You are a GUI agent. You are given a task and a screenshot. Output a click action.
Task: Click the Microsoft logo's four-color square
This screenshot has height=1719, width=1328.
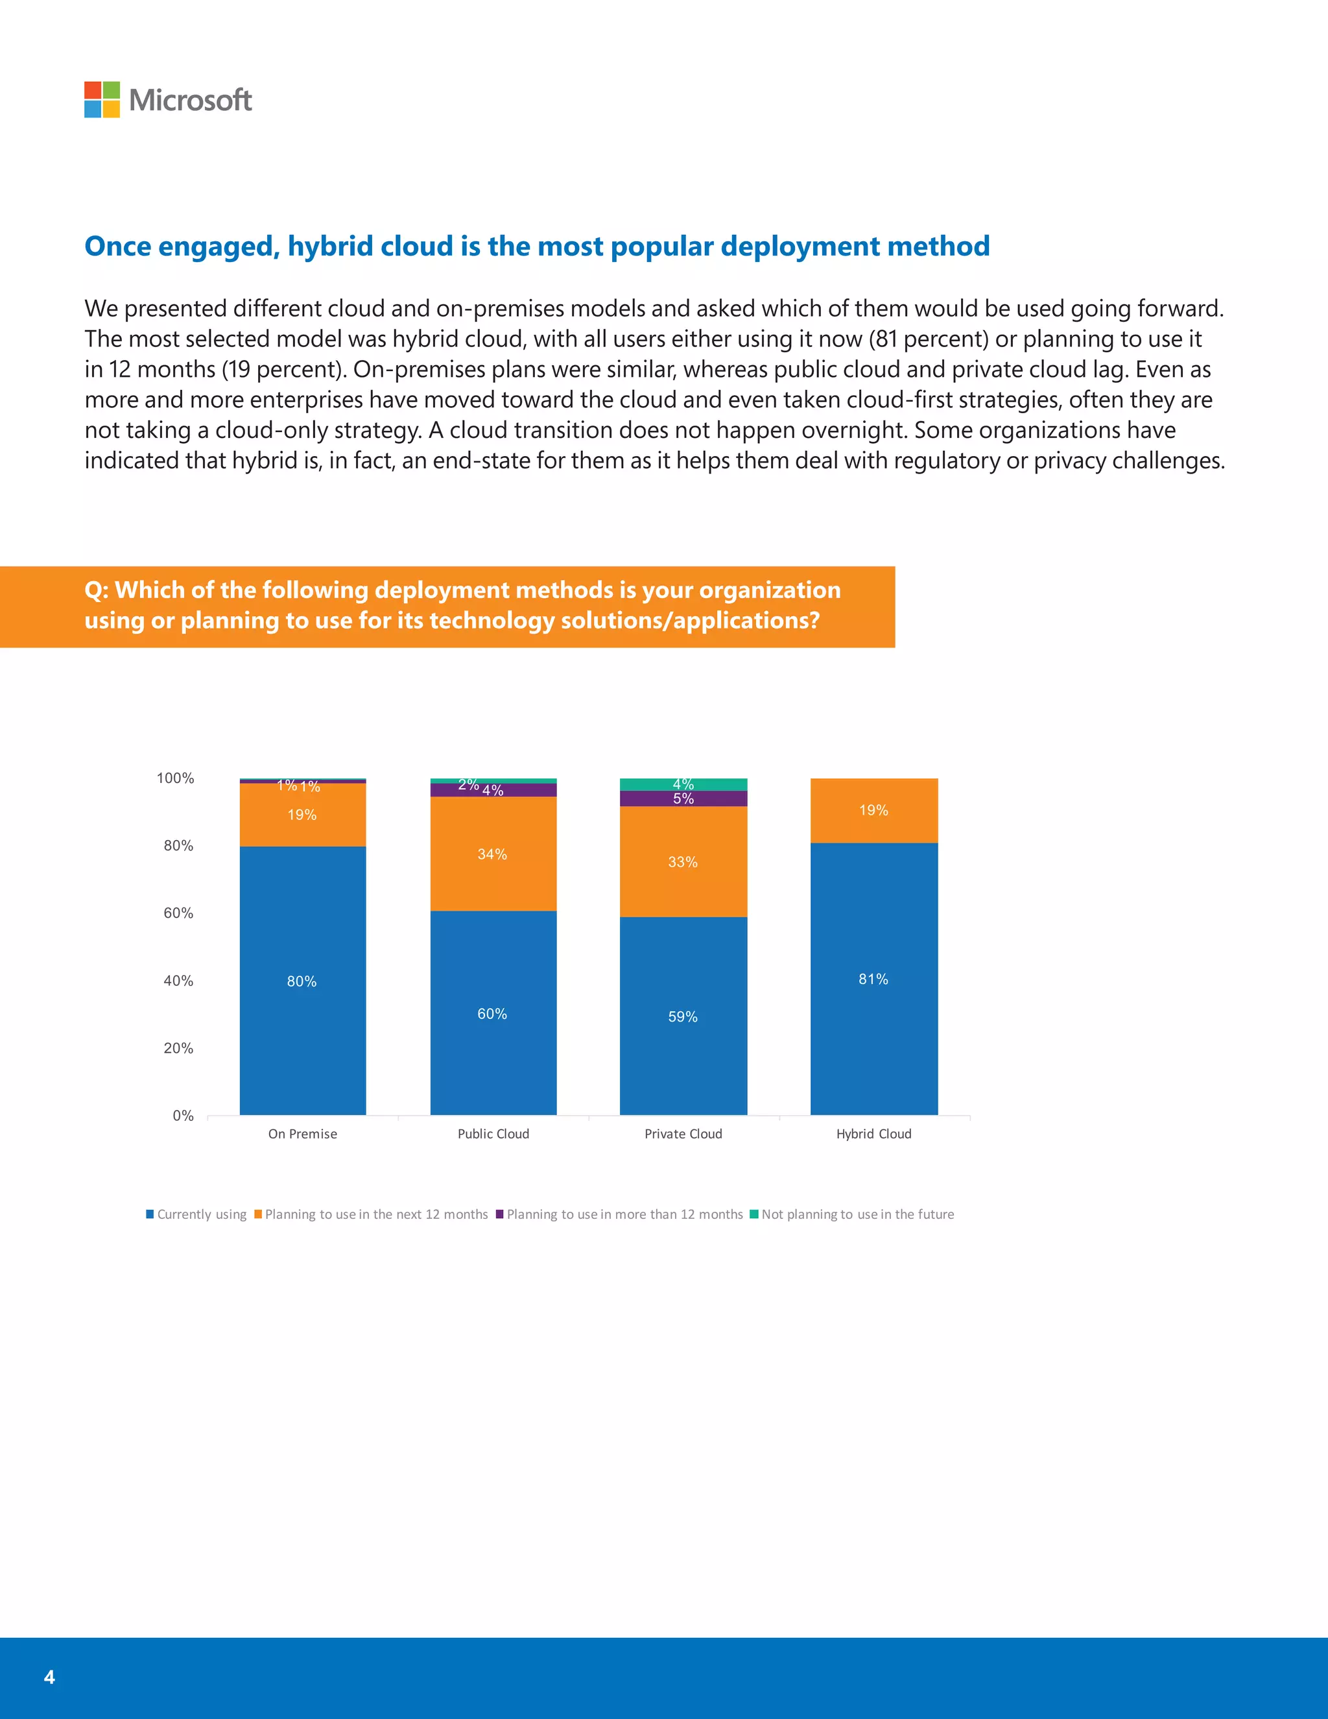pyautogui.click(x=102, y=100)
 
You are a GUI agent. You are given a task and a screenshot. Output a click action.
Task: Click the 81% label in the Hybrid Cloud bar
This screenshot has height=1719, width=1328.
pyautogui.click(x=873, y=979)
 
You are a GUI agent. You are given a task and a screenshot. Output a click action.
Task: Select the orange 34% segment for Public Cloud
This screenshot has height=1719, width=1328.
pyautogui.click(x=493, y=854)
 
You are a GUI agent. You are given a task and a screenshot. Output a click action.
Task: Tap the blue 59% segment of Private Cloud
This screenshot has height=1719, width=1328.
pyautogui.click(x=683, y=1016)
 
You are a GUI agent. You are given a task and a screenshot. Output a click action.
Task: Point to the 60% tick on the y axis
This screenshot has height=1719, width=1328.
pyautogui.click(x=178, y=913)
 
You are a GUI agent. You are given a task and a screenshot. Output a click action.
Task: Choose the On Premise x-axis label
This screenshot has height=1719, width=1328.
pyautogui.click(x=302, y=1133)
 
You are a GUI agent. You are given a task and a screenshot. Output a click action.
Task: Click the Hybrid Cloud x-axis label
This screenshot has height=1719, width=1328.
pyautogui.click(x=873, y=1133)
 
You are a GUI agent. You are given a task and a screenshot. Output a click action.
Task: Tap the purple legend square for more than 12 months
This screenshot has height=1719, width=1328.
pyautogui.click(x=499, y=1214)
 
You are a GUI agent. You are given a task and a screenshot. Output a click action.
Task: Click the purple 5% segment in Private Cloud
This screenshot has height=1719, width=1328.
pyautogui.click(x=683, y=798)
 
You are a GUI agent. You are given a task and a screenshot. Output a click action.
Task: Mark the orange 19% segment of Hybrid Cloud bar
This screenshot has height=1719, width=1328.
pyautogui.click(x=873, y=810)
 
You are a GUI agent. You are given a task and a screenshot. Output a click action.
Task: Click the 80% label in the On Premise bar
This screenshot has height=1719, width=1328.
pyautogui.click(x=302, y=981)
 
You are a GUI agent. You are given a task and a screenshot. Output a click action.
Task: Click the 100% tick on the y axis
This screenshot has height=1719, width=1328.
pyautogui.click(x=176, y=778)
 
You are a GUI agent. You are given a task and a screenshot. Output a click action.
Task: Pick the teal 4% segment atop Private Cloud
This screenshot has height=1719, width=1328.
pyautogui.click(x=683, y=784)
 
